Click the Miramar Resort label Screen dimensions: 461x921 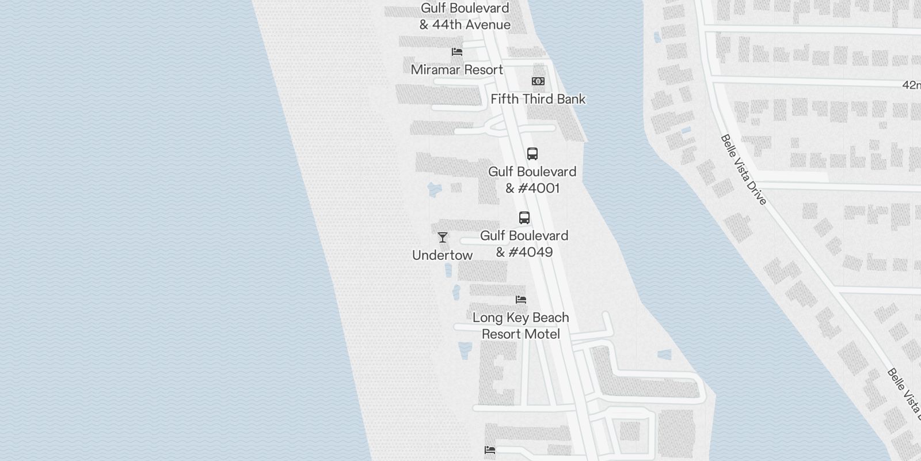click(457, 70)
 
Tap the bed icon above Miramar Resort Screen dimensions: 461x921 click(457, 52)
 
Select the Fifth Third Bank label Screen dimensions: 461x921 click(538, 99)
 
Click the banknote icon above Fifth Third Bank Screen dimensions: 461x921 click(538, 81)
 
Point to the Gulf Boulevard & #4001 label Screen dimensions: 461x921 click(532, 180)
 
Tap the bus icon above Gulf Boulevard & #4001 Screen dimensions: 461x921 click(532, 154)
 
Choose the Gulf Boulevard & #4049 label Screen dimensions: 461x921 click(524, 244)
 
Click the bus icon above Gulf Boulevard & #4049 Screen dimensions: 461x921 click(524, 218)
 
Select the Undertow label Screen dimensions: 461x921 click(442, 255)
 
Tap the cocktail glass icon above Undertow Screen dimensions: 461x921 click(443, 237)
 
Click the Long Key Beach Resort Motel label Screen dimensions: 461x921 click(520, 326)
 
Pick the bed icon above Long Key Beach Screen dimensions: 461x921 click(521, 300)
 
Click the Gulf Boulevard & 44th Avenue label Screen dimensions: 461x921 click(465, 16)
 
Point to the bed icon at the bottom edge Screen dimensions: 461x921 click(490, 450)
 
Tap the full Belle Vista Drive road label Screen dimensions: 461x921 click(743, 169)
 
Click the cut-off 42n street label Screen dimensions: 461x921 click(911, 85)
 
